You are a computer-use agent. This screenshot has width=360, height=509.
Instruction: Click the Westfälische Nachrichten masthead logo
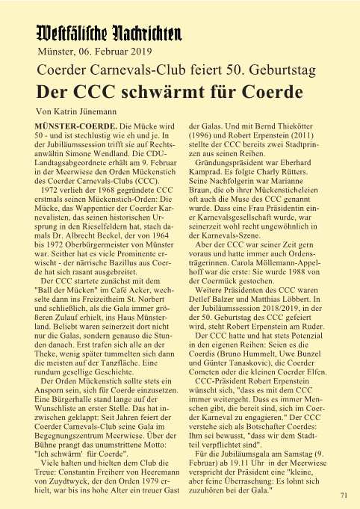click(x=109, y=34)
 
